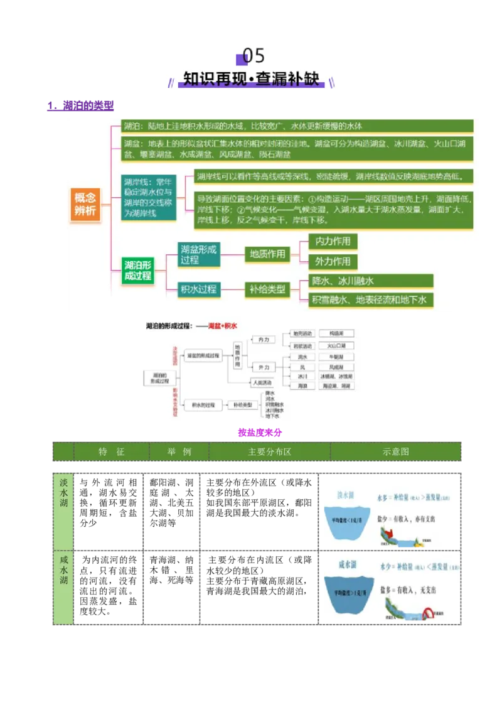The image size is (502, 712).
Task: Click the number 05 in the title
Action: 254,56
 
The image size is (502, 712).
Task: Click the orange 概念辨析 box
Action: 85,204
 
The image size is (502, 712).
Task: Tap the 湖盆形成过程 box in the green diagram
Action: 198,254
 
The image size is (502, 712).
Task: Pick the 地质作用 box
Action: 267,254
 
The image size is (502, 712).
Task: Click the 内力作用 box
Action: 333,241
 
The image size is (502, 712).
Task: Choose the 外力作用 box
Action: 333,261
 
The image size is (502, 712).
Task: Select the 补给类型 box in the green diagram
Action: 267,289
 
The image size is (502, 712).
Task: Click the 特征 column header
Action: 112,452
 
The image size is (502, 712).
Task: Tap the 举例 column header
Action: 179,452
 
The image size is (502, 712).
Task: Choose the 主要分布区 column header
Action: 269,452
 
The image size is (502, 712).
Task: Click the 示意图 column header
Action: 395,452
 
